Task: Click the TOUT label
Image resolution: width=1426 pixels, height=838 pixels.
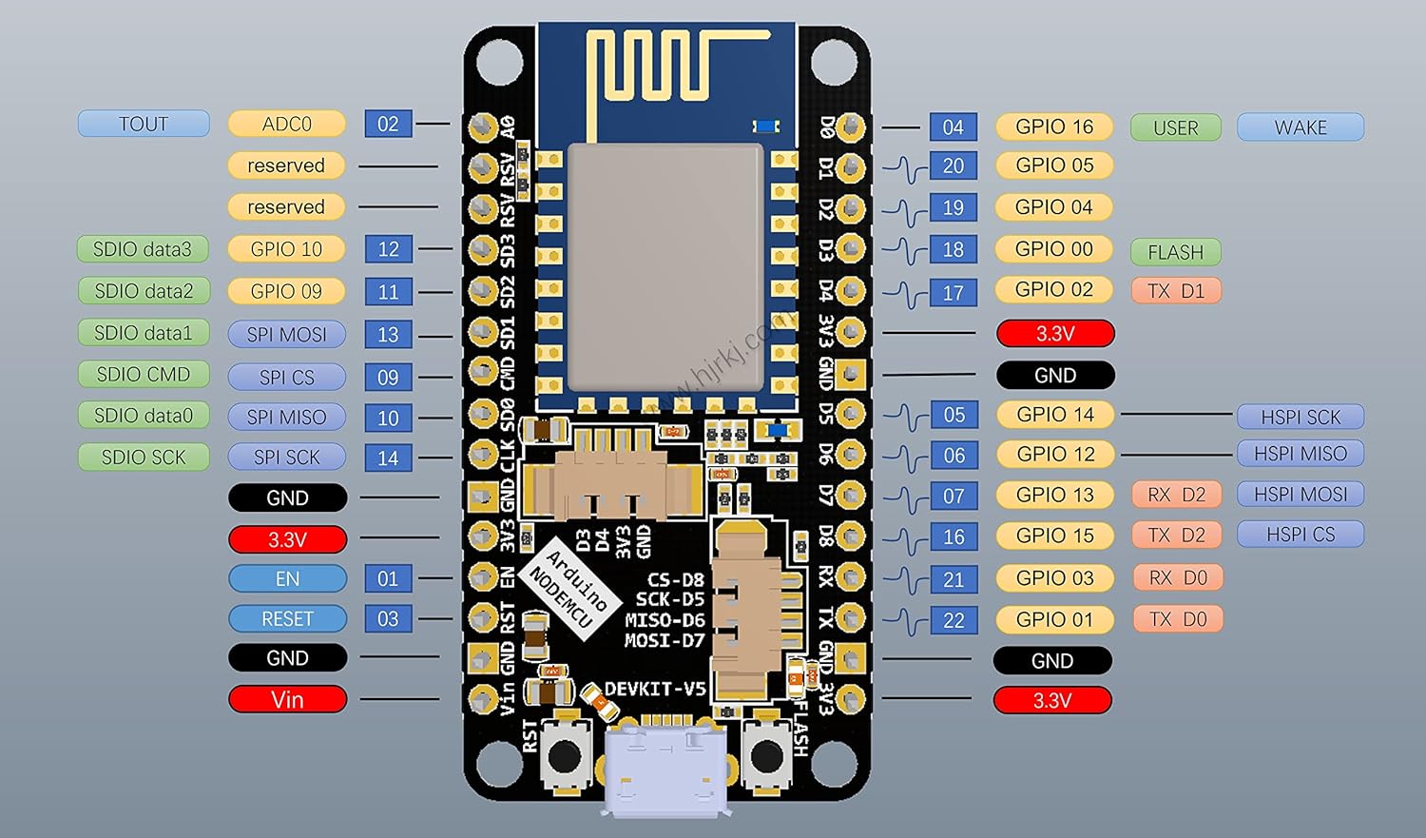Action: (x=144, y=124)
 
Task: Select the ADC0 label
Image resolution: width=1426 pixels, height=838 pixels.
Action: (x=287, y=124)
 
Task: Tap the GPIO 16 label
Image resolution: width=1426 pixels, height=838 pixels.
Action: (x=1054, y=127)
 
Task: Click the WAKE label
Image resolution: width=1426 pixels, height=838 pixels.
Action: (x=1300, y=127)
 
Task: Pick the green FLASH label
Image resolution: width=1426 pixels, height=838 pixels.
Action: (x=1175, y=252)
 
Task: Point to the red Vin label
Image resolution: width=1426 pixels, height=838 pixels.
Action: (x=287, y=700)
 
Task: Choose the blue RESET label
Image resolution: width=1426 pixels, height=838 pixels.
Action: (x=287, y=619)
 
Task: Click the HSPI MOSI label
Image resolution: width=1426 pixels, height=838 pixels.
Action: (x=1300, y=495)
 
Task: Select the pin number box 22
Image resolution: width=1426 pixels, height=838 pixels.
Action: (x=954, y=620)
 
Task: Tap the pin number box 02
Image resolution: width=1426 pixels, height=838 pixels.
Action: (x=388, y=124)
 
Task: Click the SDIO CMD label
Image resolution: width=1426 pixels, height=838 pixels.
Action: (x=144, y=375)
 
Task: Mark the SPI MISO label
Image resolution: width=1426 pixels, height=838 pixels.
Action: (x=287, y=417)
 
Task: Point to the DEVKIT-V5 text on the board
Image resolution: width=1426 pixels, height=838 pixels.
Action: (x=655, y=689)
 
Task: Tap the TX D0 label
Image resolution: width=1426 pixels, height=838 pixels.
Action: (x=1177, y=619)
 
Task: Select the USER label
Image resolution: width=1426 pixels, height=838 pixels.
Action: (x=1175, y=127)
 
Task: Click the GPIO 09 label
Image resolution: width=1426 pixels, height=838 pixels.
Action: (x=287, y=291)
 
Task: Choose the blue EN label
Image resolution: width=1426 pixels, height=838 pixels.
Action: (x=287, y=578)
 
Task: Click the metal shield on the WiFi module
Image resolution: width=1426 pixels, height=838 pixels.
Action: (x=665, y=266)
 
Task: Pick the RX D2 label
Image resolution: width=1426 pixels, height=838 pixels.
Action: (x=1176, y=495)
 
